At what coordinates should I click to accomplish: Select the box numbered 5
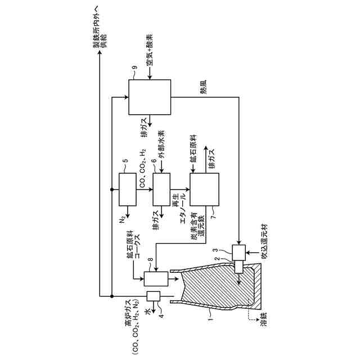point(128,190)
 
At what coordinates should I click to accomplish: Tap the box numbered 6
point(161,190)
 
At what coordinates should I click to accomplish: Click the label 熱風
point(202,89)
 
